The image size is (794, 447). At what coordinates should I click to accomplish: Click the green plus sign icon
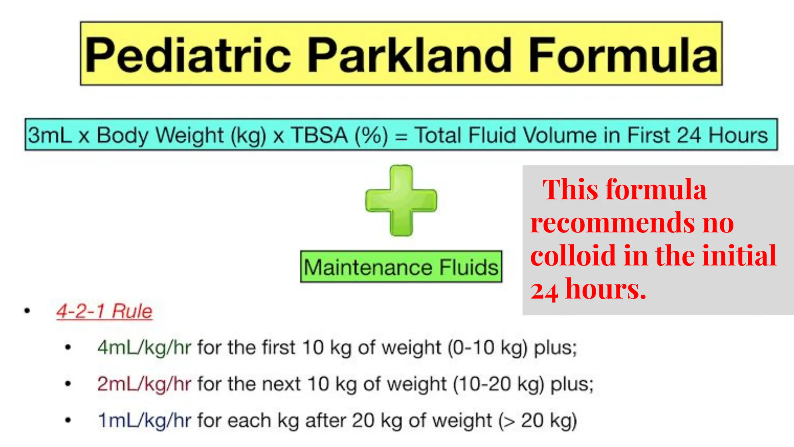point(401,200)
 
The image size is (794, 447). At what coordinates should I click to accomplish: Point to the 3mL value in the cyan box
point(50,135)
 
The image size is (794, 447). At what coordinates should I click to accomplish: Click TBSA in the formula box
point(319,135)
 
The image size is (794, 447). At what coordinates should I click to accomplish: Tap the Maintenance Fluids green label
point(401,267)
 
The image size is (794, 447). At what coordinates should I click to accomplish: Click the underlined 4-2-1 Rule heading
point(104,311)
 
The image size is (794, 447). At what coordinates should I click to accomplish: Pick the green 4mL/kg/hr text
point(144,347)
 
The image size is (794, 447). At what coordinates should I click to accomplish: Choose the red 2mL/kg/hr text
point(144,384)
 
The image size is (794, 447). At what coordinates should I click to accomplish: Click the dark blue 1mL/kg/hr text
point(144,421)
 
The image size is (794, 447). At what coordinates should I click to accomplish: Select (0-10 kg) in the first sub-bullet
point(487,347)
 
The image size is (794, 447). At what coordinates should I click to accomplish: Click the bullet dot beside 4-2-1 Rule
point(27,310)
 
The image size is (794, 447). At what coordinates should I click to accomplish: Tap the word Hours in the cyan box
point(738,135)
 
